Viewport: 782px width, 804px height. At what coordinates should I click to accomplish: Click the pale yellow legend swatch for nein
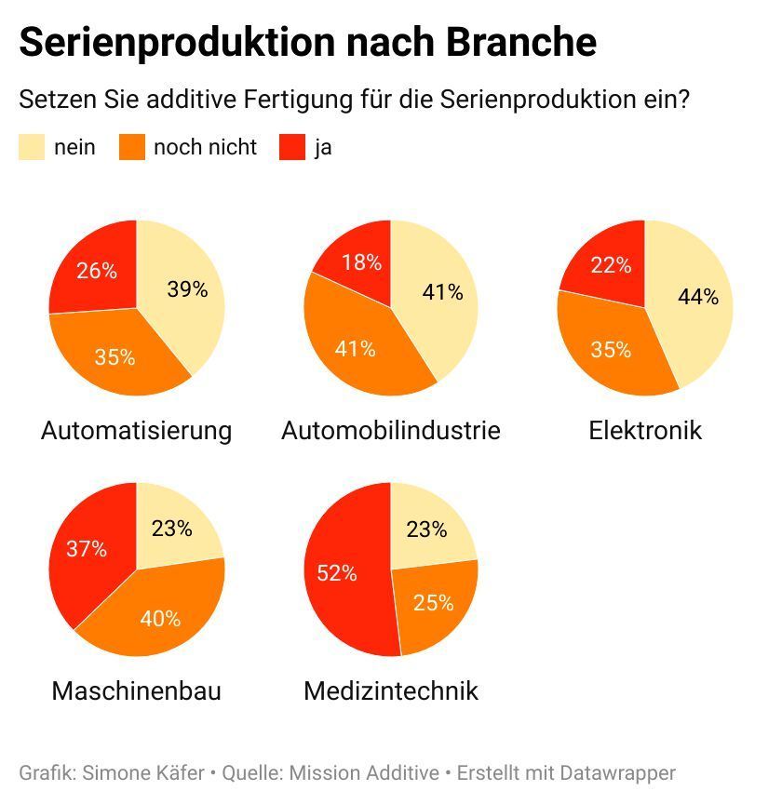[31, 147]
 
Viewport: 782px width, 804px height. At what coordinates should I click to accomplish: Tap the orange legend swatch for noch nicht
[132, 147]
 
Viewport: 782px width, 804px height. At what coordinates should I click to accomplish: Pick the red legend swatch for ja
[291, 147]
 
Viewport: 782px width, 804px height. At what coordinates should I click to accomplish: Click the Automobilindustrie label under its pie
[391, 431]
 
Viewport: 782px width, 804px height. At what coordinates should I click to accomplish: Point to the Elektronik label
[645, 431]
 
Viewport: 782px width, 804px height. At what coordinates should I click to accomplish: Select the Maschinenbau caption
[137, 691]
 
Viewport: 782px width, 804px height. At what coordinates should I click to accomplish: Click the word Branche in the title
[520, 43]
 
